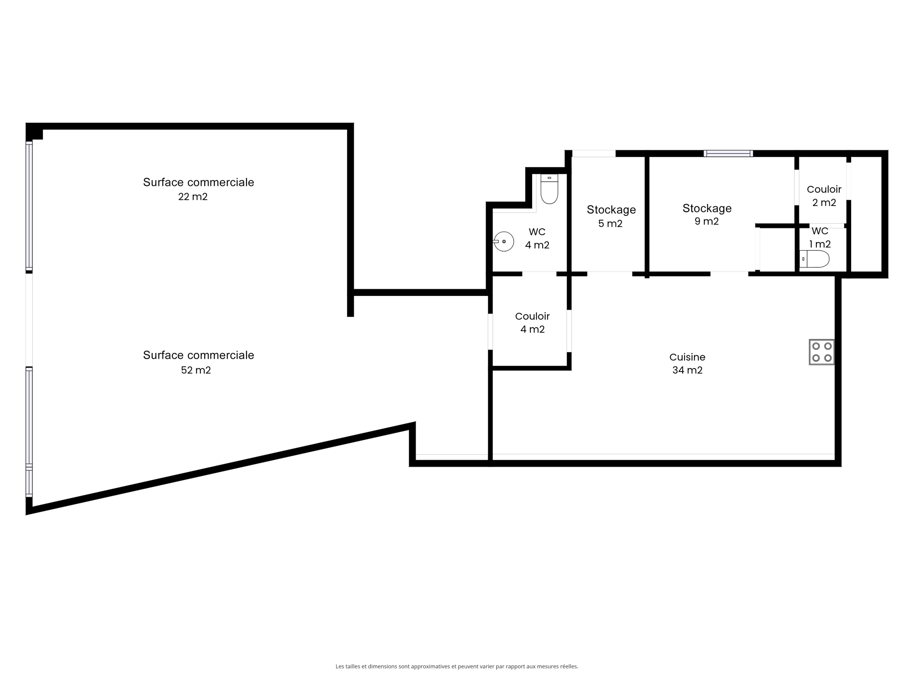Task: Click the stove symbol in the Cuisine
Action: pos(822,352)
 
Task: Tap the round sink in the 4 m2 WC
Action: pos(503,242)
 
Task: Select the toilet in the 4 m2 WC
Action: pos(549,189)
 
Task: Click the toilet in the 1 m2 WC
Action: pos(814,259)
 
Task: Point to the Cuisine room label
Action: pos(687,357)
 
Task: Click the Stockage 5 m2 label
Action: pos(611,216)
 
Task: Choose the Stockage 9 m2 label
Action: pos(707,215)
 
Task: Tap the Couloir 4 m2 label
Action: pos(532,323)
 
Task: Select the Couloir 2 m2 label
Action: pos(824,196)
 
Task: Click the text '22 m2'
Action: pos(193,196)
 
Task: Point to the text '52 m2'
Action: pos(196,370)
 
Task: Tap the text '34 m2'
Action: pos(687,370)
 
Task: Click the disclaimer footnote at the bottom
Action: pos(457,666)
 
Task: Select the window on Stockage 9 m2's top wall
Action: pos(728,153)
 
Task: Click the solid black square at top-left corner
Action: pos(34,131)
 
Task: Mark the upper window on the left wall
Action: pos(29,206)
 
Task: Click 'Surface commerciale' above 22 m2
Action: pos(199,182)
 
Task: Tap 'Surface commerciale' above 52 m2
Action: pos(199,355)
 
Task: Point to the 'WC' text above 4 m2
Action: pos(537,232)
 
